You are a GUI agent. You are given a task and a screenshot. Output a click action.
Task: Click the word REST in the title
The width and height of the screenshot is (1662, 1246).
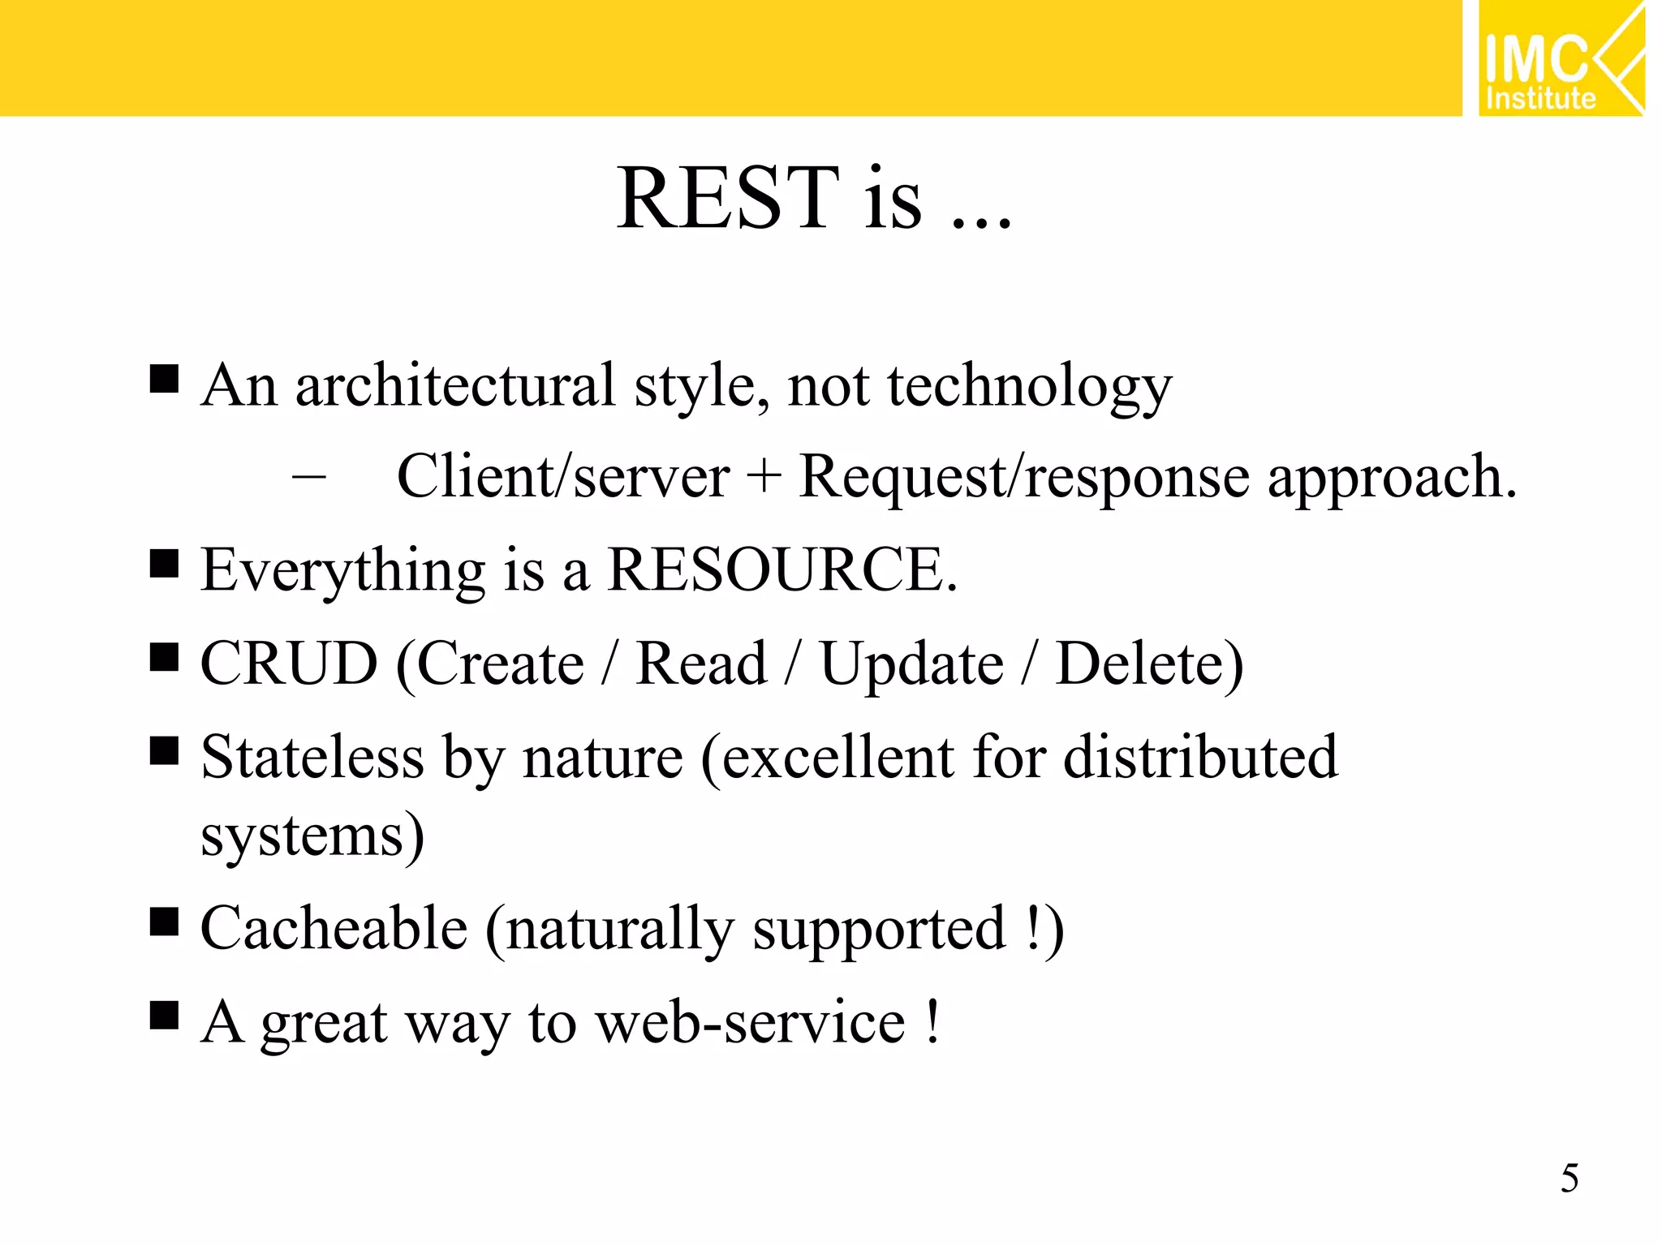(728, 199)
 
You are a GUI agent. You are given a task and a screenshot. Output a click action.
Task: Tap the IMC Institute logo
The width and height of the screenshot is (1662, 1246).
(1560, 59)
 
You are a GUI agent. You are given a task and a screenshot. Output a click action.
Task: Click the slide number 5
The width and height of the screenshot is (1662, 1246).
(1569, 1179)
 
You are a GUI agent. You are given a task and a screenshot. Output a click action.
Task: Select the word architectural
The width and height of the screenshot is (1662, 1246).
(454, 385)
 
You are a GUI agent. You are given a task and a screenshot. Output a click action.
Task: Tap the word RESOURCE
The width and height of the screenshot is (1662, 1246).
(781, 570)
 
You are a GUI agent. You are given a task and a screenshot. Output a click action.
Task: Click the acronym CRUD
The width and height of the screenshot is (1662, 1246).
(289, 664)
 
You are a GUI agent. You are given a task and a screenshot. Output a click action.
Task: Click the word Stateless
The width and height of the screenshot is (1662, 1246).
(312, 757)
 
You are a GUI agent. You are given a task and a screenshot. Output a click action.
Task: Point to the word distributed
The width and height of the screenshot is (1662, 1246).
(1200, 757)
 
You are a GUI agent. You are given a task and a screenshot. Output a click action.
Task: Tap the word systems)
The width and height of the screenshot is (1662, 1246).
(312, 836)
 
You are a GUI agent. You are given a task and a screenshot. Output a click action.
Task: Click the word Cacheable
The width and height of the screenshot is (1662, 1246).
(334, 928)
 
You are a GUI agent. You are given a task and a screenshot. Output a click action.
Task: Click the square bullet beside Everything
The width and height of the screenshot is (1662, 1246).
(164, 563)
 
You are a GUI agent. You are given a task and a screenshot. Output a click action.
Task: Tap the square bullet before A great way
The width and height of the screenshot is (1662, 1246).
(164, 1015)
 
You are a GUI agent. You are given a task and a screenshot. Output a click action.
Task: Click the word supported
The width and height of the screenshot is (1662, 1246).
(879, 930)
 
